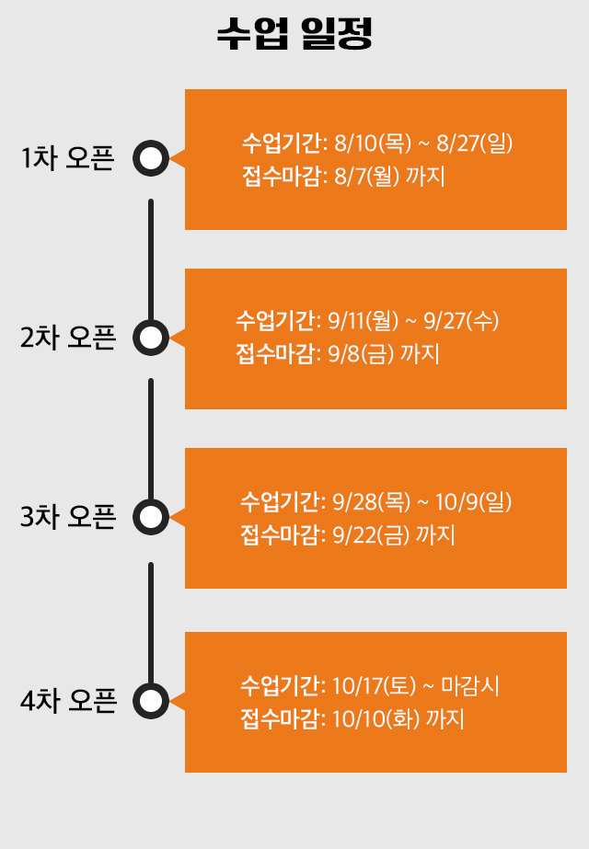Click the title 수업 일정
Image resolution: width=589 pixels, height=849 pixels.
294,34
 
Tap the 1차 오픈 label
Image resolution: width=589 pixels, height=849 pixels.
68,158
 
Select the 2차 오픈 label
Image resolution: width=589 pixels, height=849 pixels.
68,338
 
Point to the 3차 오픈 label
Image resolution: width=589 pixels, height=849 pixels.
68,517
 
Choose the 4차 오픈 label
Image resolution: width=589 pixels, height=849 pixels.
68,701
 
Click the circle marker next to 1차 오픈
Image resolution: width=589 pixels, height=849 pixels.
151,143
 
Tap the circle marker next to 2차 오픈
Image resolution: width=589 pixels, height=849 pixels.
151,322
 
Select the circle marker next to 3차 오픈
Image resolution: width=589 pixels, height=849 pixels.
151,501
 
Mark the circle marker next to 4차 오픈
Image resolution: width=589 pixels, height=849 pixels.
151,685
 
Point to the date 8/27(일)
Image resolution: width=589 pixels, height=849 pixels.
475,143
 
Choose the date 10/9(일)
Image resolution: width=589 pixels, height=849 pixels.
474,502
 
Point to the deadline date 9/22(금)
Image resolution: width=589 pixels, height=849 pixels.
371,535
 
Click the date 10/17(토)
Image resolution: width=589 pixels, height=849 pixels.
374,686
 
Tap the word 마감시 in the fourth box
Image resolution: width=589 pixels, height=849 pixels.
470,686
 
